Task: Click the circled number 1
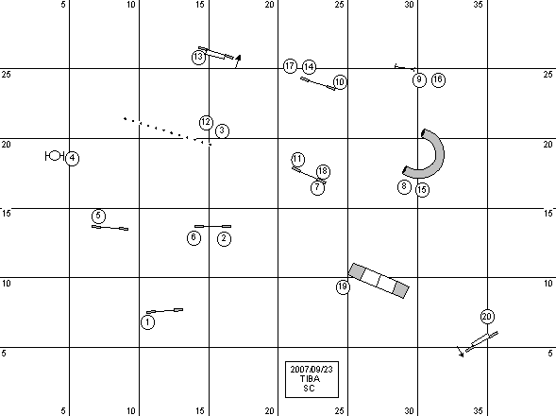coord(147,322)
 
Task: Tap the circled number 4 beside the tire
coord(73,158)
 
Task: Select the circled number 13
coord(198,57)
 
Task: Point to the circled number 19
coord(343,286)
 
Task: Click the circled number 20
coord(487,317)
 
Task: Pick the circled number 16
coord(438,79)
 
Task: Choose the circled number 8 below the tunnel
coord(404,186)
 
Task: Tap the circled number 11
coord(298,159)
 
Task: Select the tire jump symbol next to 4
coord(54,156)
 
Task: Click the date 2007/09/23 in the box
coord(312,370)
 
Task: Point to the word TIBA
coord(310,379)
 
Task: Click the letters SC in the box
coord(310,389)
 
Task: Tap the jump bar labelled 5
coord(110,228)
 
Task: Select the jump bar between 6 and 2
coord(212,226)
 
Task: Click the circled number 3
coord(222,130)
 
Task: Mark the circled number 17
coord(290,66)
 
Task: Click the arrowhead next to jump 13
coord(238,58)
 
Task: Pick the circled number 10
coord(340,82)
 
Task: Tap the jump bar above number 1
coord(165,311)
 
